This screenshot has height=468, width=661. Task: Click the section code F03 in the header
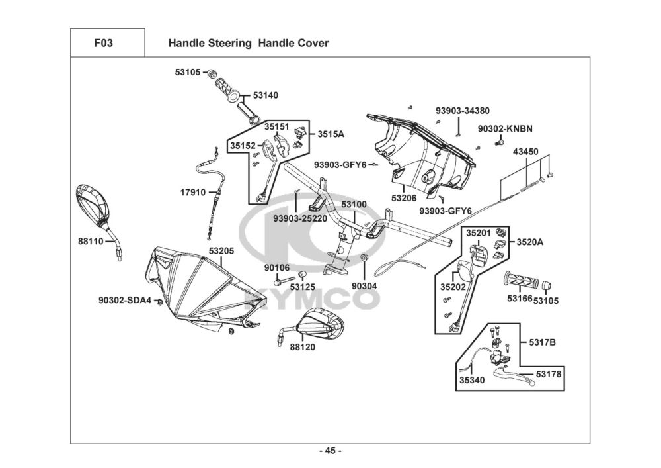coord(104,44)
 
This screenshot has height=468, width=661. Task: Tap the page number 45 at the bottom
coord(330,451)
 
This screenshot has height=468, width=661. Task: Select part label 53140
coord(265,95)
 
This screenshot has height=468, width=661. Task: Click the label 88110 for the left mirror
coord(91,242)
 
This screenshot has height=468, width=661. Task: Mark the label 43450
coord(525,152)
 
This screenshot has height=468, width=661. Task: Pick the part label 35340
coord(473,381)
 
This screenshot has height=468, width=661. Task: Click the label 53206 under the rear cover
coord(404,197)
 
